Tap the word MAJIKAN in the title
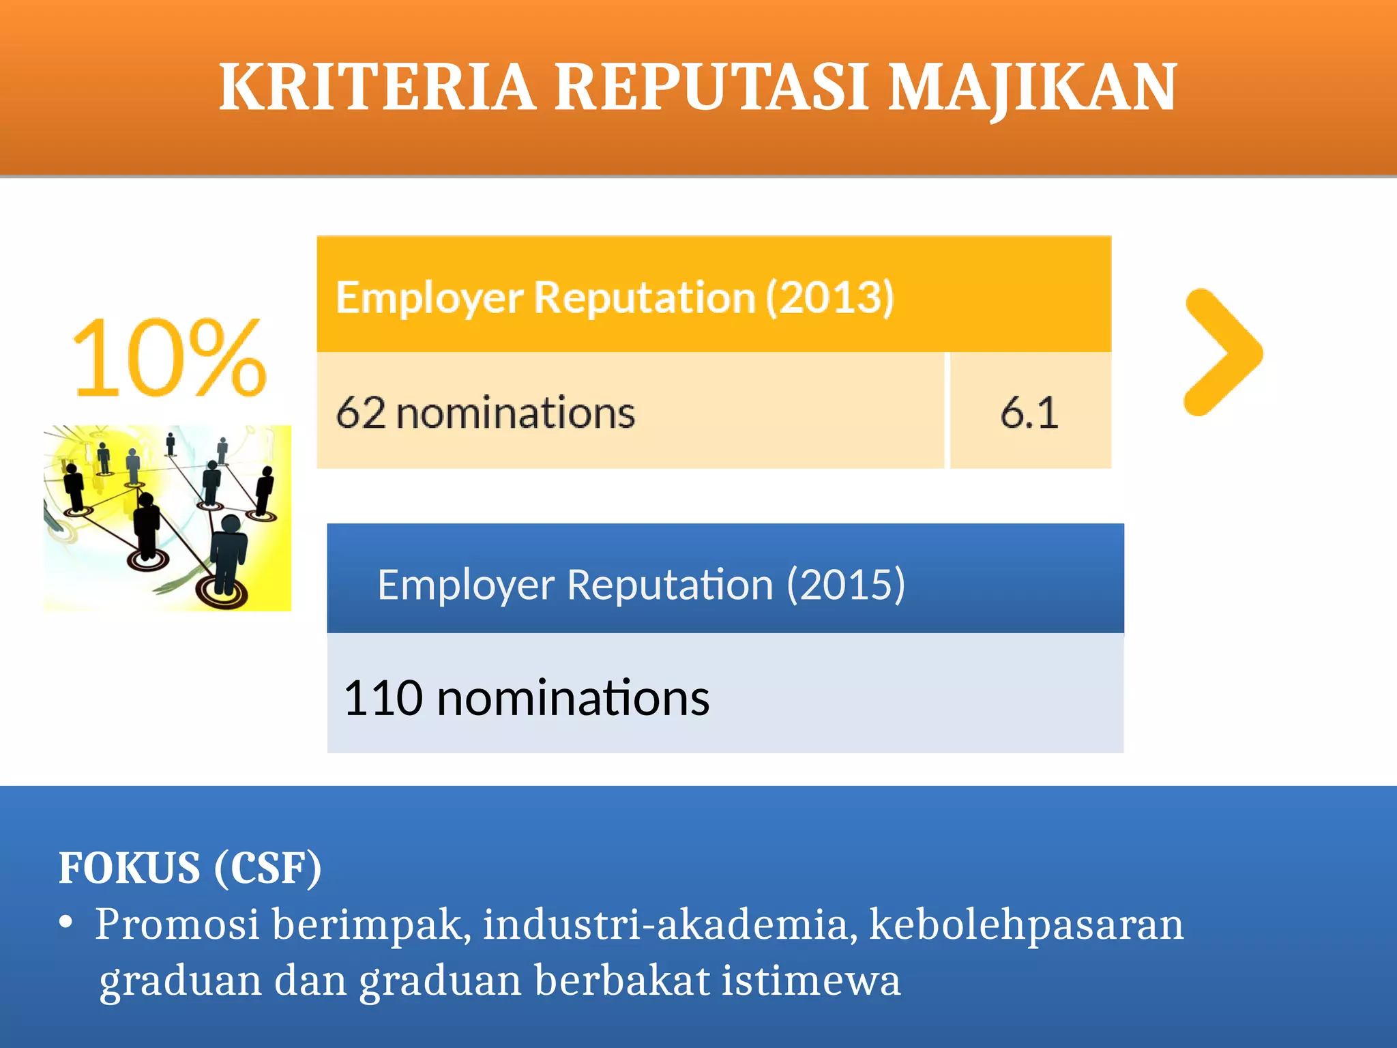point(1033,87)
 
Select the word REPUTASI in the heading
point(711,87)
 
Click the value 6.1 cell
point(1029,413)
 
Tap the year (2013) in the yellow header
point(829,297)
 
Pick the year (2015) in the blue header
point(846,585)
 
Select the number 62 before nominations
point(360,413)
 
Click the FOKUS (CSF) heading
point(190,868)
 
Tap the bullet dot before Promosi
point(66,922)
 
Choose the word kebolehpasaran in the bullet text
point(1027,925)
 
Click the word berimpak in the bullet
point(371,925)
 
